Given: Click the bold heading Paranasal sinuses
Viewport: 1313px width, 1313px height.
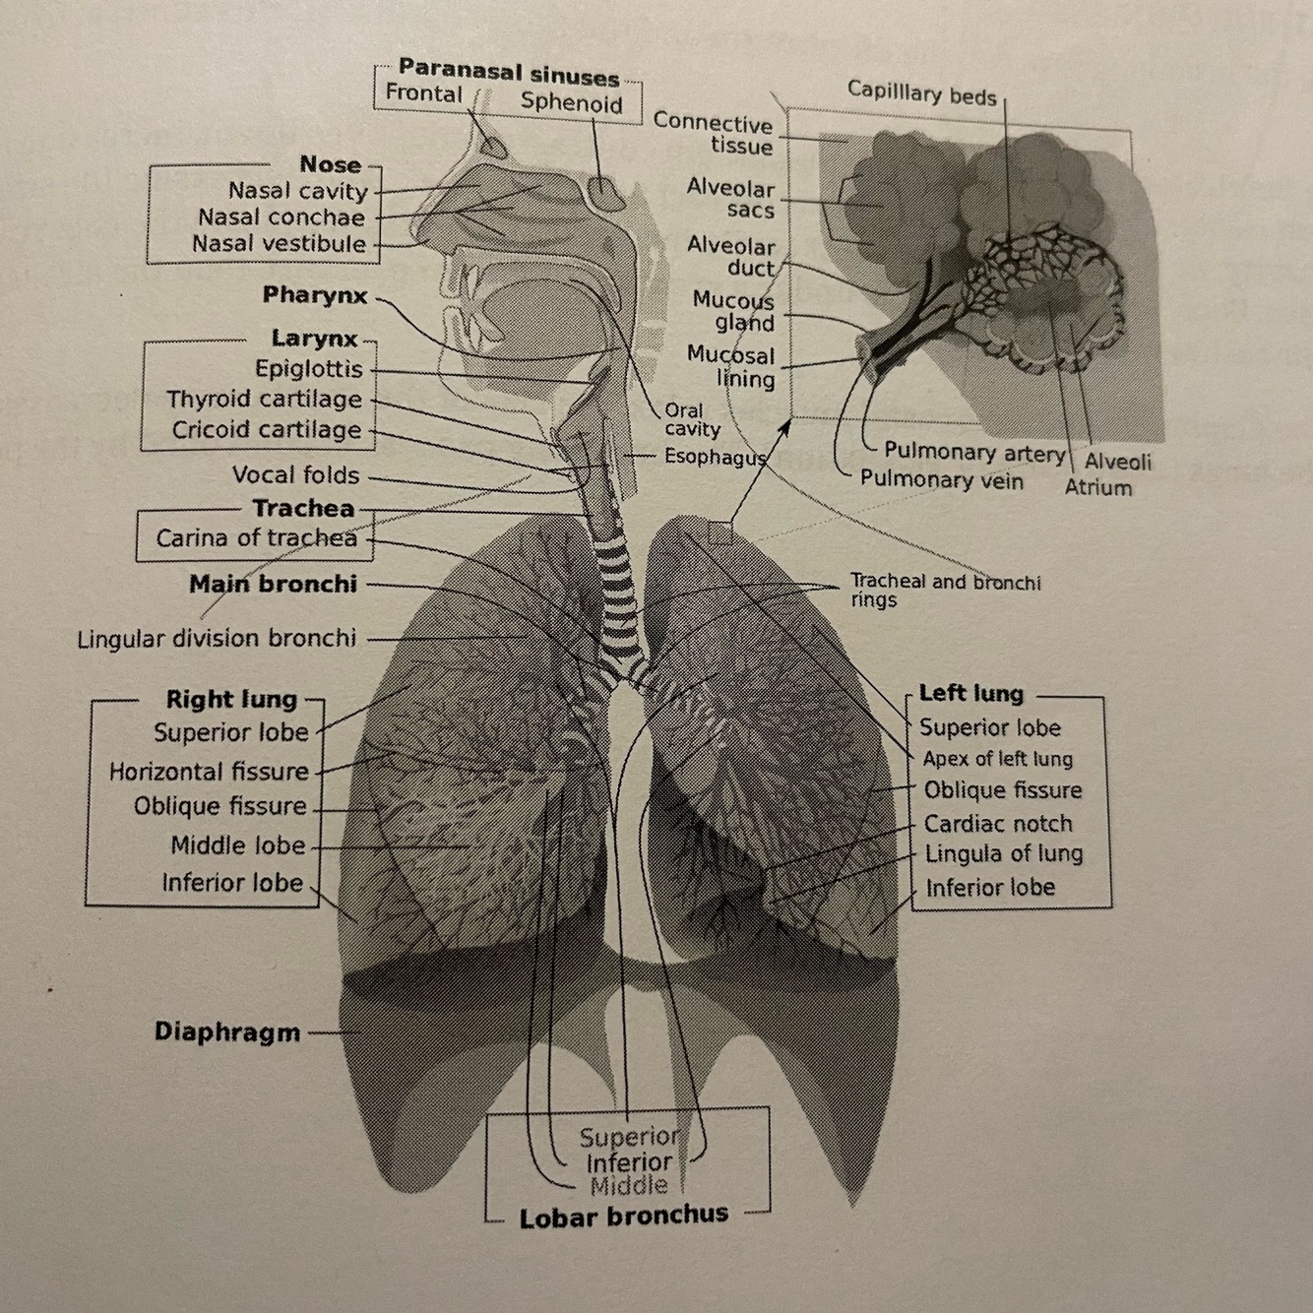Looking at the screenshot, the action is pyautogui.click(x=508, y=74).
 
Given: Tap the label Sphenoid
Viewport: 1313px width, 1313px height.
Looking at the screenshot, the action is pyautogui.click(x=571, y=101).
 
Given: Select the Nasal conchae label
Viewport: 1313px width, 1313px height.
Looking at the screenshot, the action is pyautogui.click(x=281, y=218).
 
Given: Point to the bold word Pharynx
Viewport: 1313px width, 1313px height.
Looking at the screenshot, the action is pyautogui.click(x=314, y=295).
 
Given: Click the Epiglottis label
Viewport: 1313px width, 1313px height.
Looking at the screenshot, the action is pyautogui.click(x=308, y=369).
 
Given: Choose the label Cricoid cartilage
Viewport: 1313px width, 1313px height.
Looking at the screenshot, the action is pyautogui.click(x=267, y=430).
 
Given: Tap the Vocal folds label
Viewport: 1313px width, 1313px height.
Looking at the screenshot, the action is pyautogui.click(x=295, y=475).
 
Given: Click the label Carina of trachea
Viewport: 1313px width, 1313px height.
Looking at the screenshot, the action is pyautogui.click(x=256, y=538).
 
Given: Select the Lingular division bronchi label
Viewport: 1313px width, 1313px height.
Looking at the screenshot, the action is pyautogui.click(x=217, y=639).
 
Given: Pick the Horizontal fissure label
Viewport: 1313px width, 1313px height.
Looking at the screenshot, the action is pyautogui.click(x=209, y=772).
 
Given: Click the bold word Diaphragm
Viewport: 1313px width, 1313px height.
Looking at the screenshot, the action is pyautogui.click(x=226, y=1032).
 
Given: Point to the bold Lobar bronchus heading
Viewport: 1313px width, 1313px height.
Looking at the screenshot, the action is pyautogui.click(x=624, y=1218).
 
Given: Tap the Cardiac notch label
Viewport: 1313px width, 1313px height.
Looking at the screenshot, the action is pyautogui.click(x=997, y=824).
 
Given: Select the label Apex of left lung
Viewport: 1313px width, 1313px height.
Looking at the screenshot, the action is pyautogui.click(x=997, y=759).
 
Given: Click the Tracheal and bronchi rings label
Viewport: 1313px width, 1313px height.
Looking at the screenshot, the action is pyautogui.click(x=944, y=590).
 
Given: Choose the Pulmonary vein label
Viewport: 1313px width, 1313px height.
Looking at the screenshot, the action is pyautogui.click(x=941, y=480).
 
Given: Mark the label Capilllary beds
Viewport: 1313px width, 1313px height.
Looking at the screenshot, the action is pyautogui.click(x=921, y=94).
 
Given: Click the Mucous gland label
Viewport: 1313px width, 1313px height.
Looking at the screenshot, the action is pyautogui.click(x=733, y=311).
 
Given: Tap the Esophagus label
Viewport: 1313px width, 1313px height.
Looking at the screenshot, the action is pyautogui.click(x=715, y=457).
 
